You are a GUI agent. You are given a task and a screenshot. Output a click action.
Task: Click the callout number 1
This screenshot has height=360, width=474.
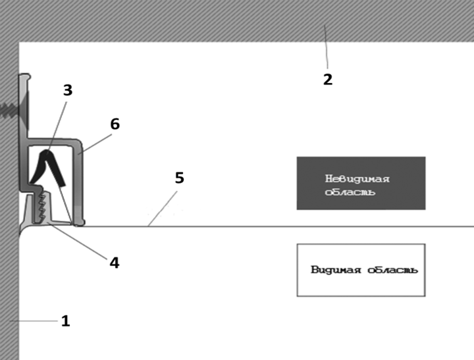click(x=66, y=321)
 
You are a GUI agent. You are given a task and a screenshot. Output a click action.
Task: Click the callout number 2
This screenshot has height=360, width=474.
click(x=328, y=80)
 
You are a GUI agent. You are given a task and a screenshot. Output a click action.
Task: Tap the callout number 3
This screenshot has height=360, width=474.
click(x=68, y=90)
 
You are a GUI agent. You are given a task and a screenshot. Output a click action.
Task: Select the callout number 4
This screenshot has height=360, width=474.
click(x=115, y=263)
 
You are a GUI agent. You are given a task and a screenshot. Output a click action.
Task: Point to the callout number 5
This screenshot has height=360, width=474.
click(x=180, y=178)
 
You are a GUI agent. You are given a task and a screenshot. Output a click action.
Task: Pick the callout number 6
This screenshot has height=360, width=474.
click(x=115, y=124)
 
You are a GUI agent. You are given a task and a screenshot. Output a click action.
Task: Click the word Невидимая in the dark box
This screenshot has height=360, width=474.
click(x=357, y=179)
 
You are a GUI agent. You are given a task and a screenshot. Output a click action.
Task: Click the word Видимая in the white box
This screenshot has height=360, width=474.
click(x=336, y=269)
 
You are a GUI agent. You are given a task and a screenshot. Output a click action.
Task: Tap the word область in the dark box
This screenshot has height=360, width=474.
click(x=350, y=192)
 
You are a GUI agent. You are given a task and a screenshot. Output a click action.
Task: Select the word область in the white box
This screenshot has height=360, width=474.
click(x=392, y=270)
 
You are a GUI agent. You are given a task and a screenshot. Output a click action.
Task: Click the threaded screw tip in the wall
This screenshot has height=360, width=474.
click(x=9, y=110)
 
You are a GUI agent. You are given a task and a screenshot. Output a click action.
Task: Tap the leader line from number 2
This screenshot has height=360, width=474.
click(x=326, y=47)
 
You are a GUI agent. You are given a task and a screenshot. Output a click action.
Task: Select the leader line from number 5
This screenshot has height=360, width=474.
click(x=163, y=209)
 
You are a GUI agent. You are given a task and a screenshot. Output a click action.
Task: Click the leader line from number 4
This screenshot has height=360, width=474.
click(x=78, y=241)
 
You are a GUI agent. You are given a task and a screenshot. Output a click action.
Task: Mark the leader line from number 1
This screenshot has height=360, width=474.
click(x=34, y=321)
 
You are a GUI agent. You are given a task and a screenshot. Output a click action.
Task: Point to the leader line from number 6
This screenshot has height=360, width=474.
click(x=95, y=145)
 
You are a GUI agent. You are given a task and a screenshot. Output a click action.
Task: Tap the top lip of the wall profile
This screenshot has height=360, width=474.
click(x=25, y=77)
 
